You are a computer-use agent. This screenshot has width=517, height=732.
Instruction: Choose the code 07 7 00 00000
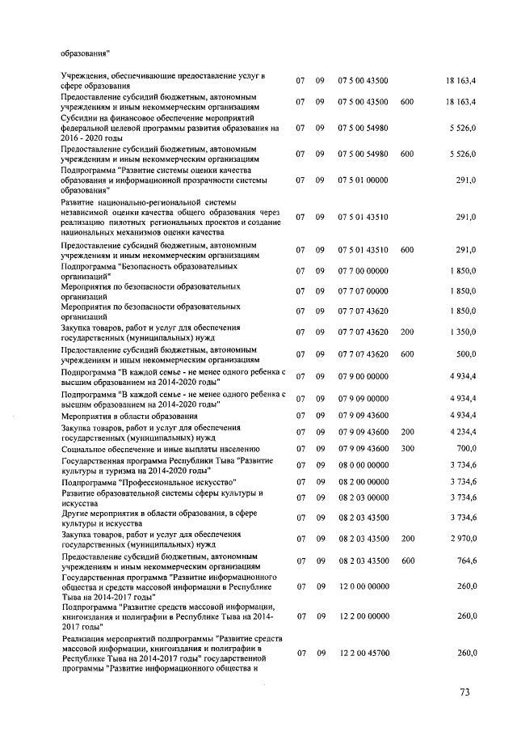(x=364, y=271)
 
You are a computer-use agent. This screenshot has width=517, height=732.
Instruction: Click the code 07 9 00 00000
(x=364, y=376)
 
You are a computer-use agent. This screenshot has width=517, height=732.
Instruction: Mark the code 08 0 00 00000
(x=364, y=465)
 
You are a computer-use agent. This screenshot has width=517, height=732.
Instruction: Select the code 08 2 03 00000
(x=364, y=497)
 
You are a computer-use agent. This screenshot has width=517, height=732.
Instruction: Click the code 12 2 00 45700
(x=364, y=653)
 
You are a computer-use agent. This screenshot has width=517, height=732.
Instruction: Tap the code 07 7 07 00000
(x=364, y=291)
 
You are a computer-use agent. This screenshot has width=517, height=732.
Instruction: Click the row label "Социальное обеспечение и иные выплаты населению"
(x=160, y=448)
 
